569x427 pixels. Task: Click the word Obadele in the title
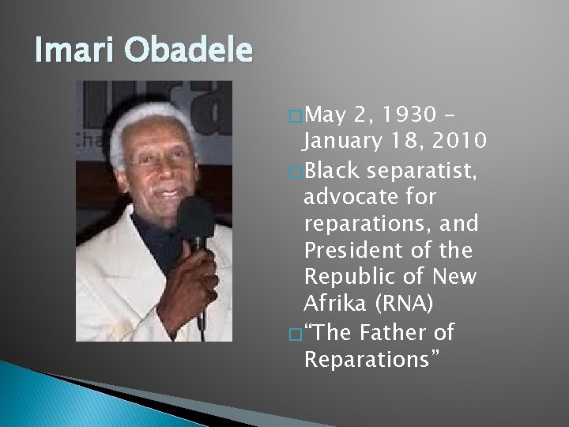[188, 49]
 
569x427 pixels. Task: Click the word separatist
[421, 170]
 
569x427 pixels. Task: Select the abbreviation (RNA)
[404, 303]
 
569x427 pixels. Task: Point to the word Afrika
[334, 303]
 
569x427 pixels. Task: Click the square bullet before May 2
[296, 116]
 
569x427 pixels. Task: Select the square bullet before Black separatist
[296, 172]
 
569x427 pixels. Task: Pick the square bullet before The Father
[296, 334]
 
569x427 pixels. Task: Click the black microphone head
[196, 218]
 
